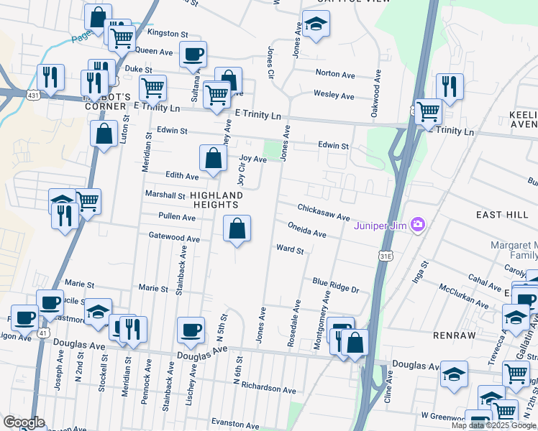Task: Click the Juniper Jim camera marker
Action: click(x=418, y=226)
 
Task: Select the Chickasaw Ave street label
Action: click(x=324, y=212)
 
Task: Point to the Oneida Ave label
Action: click(x=307, y=230)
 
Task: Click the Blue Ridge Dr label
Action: click(x=335, y=285)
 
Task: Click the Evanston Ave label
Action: click(x=234, y=423)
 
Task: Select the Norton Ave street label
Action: click(x=335, y=73)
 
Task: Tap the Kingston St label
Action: click(x=167, y=33)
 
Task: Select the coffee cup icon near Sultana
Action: click(x=193, y=54)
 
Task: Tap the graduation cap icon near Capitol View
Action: click(x=314, y=24)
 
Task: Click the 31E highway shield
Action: click(x=386, y=255)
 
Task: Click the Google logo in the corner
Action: click(x=24, y=422)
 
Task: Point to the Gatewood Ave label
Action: click(x=173, y=238)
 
